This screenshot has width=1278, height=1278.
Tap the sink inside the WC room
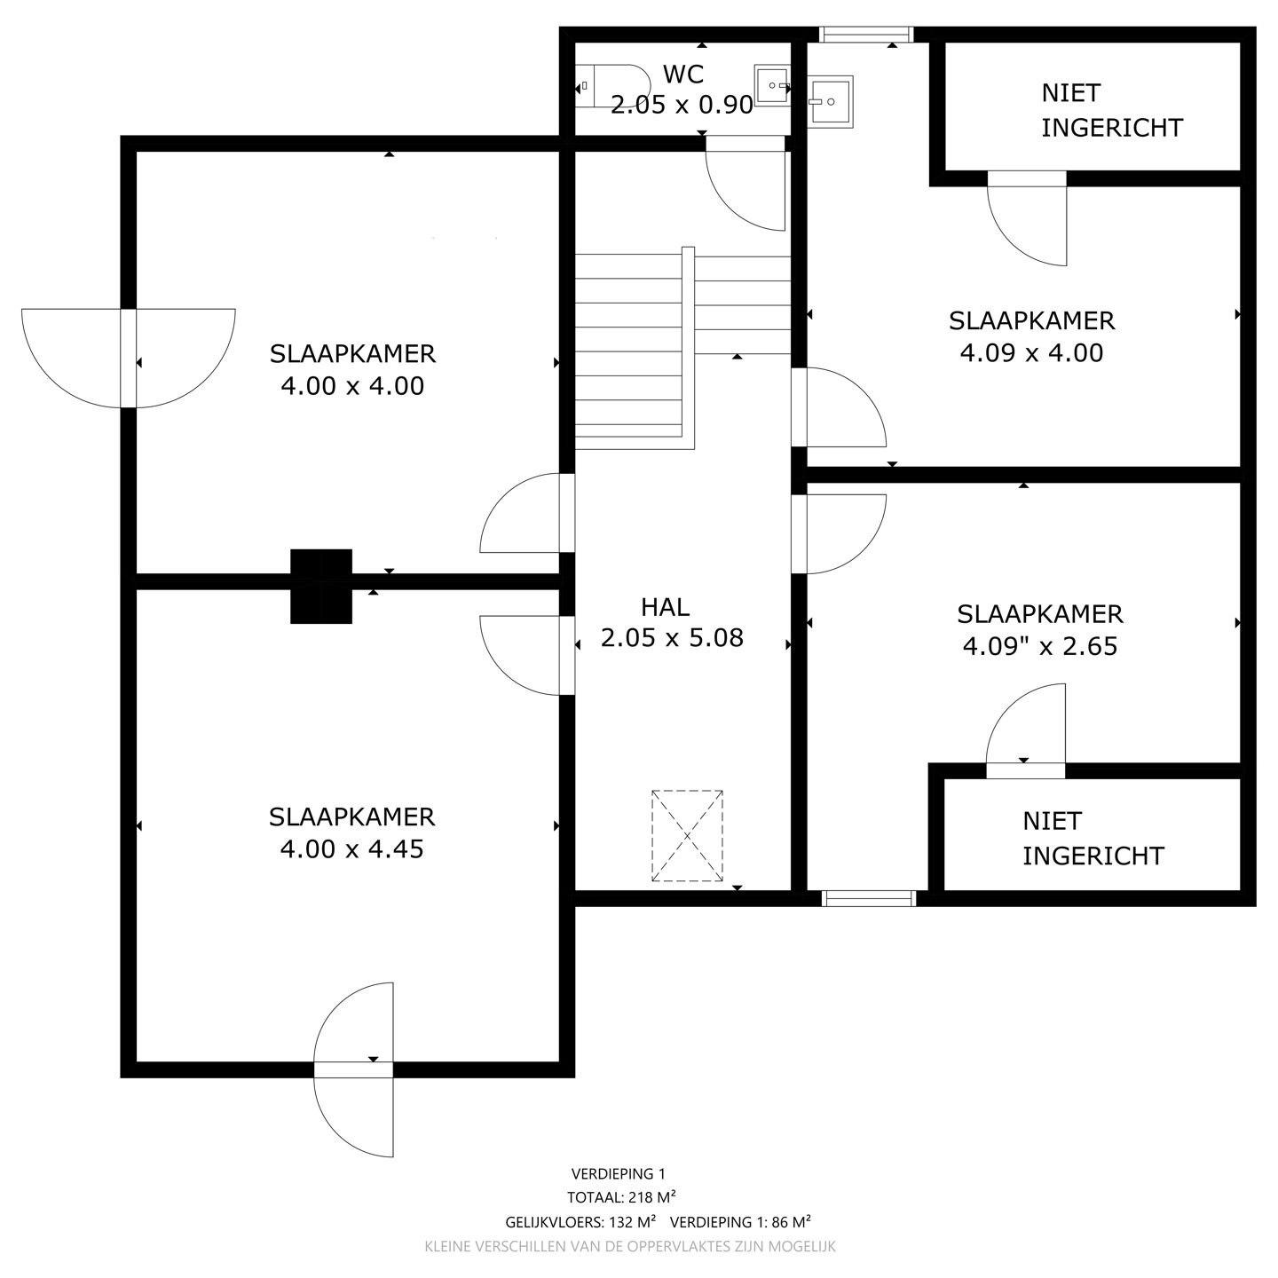tap(771, 86)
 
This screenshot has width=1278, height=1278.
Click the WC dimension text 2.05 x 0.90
tap(682, 106)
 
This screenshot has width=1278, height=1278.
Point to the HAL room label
tap(665, 607)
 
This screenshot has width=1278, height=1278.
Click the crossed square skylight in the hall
tap(687, 835)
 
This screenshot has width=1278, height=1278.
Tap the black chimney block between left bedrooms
tap(321, 586)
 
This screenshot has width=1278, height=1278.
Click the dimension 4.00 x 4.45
tap(351, 849)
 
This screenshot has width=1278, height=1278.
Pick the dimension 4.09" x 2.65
tap(1039, 647)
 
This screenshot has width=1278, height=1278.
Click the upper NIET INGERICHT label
tap(1111, 110)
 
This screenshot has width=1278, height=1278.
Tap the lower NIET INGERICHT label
tap(1093, 839)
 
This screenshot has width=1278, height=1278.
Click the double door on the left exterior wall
tap(129, 359)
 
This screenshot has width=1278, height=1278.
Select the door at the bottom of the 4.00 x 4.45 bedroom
tap(354, 1069)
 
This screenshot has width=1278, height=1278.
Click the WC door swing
tap(745, 186)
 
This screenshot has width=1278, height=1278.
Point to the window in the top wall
tap(865, 35)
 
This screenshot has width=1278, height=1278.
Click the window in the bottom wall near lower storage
tap(869, 898)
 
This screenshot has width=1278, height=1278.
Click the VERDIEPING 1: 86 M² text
tap(740, 1221)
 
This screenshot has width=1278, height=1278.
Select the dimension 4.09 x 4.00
tap(1031, 353)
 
